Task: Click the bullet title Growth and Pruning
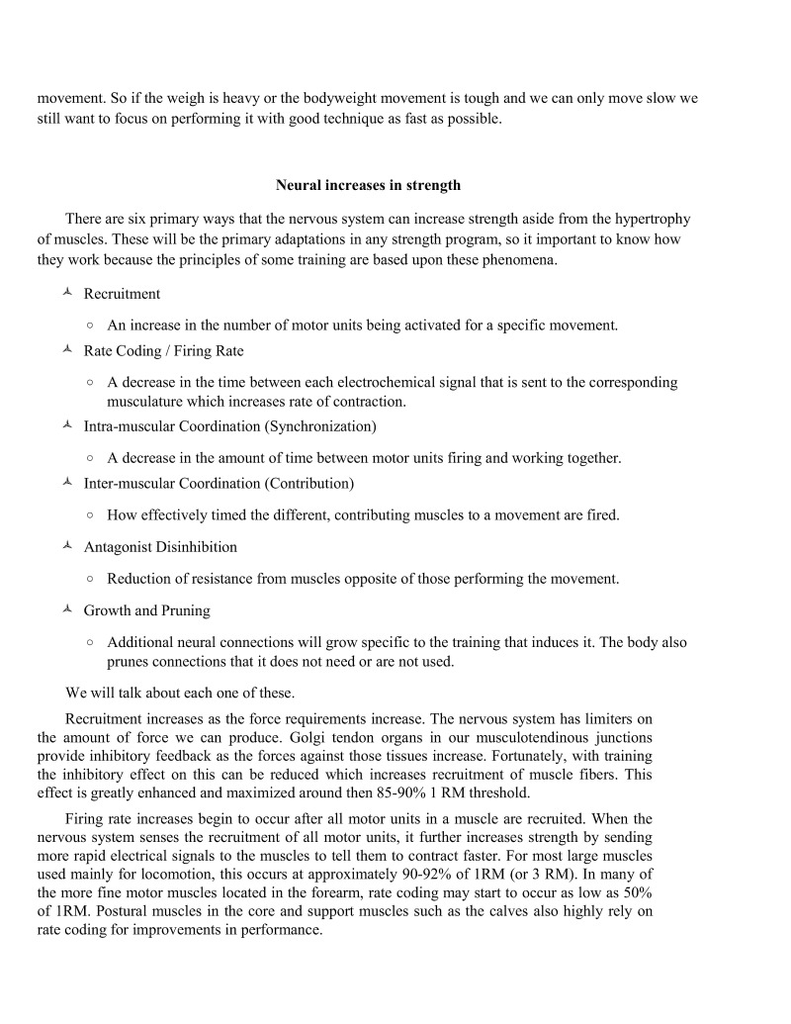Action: tap(146, 610)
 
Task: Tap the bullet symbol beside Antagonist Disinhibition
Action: tap(66, 546)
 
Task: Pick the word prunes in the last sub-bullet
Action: tap(129, 662)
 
